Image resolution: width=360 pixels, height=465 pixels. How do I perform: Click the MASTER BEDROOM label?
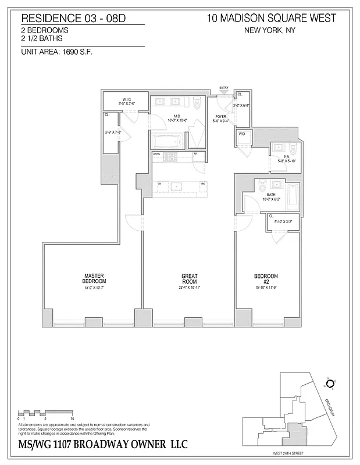point(94,278)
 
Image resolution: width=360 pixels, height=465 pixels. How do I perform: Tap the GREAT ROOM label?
point(190,278)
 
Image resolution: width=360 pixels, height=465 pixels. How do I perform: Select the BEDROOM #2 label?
point(266,278)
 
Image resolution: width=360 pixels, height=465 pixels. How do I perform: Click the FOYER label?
point(220,116)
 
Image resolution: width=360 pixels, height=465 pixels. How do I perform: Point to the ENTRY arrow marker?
point(224,91)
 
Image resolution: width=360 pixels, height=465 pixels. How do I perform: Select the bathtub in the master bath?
point(169,141)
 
